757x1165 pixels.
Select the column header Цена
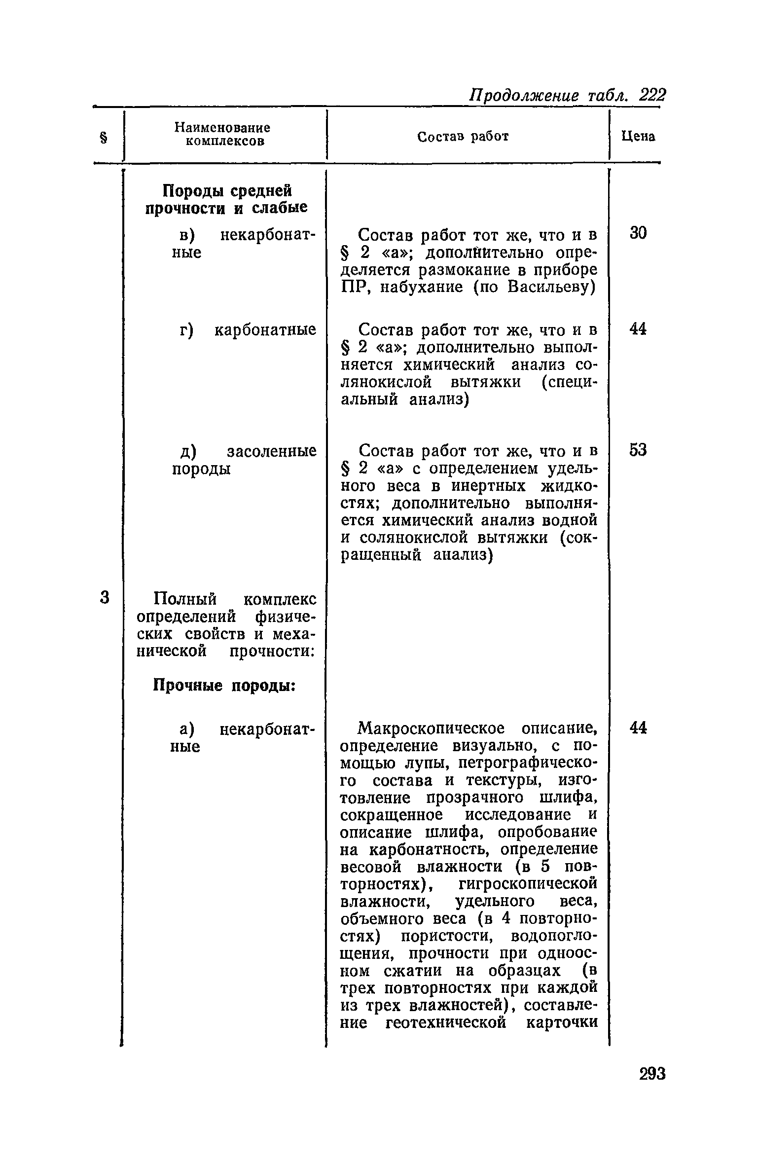(x=638, y=137)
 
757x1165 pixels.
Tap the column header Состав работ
(x=463, y=137)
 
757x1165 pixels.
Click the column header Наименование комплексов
(x=222, y=134)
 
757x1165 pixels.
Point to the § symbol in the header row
(x=104, y=137)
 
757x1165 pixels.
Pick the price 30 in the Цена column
(x=638, y=233)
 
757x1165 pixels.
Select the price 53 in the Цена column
(x=638, y=450)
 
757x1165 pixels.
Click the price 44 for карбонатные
(x=638, y=329)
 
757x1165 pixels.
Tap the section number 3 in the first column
(x=104, y=597)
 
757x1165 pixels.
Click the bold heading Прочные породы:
(x=224, y=686)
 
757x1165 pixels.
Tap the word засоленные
(x=271, y=452)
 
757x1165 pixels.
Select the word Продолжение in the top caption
(x=523, y=95)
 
